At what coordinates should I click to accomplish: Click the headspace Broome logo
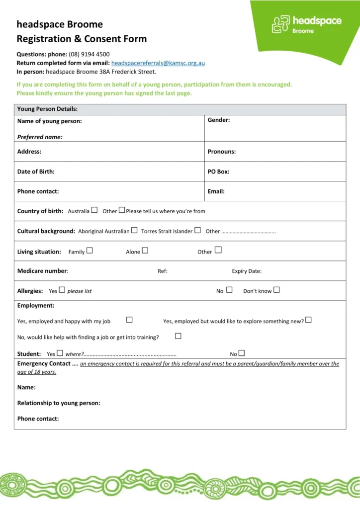pyautogui.click(x=306, y=23)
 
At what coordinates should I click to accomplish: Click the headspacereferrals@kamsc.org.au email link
pyautogui.click(x=158, y=63)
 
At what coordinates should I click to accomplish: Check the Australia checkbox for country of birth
pyautogui.click(x=94, y=210)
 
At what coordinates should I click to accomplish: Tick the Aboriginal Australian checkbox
pyautogui.click(x=134, y=230)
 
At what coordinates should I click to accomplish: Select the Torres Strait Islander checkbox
pyautogui.click(x=197, y=230)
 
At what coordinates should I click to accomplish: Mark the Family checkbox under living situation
pyautogui.click(x=90, y=251)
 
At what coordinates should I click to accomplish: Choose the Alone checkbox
pyautogui.click(x=145, y=251)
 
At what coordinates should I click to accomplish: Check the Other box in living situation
pyautogui.click(x=218, y=250)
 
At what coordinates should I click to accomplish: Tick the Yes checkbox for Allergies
pyautogui.click(x=62, y=290)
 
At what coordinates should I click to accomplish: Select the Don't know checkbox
pyautogui.click(x=276, y=290)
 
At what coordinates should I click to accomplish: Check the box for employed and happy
pyautogui.click(x=129, y=320)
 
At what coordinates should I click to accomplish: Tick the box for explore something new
pyautogui.click(x=308, y=320)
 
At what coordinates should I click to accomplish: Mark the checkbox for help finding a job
pyautogui.click(x=178, y=336)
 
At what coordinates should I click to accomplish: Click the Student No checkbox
pyautogui.click(x=242, y=353)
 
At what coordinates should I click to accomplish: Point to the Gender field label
pyautogui.click(x=218, y=120)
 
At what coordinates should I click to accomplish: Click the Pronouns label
pyautogui.click(x=221, y=152)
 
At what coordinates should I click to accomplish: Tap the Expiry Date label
pyautogui.click(x=247, y=271)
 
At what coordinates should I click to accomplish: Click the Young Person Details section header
pyautogui.click(x=47, y=109)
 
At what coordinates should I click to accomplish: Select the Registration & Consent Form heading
pyautogui.click(x=82, y=38)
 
